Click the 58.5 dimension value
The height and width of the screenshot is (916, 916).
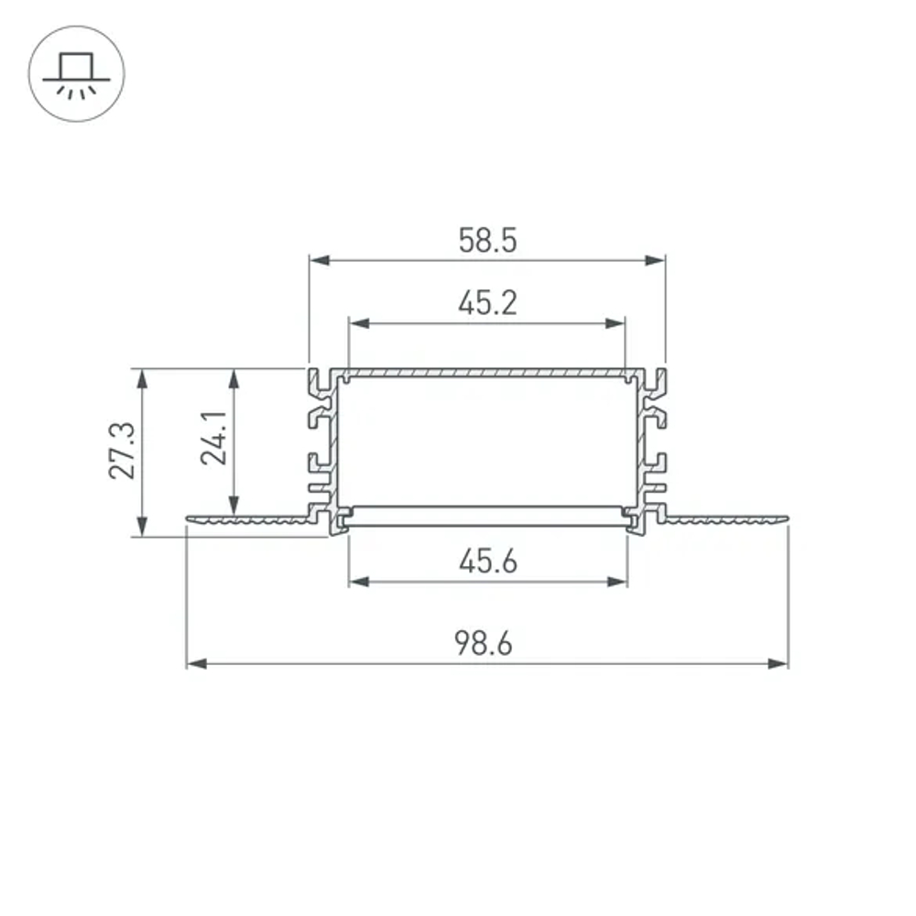[x=487, y=241]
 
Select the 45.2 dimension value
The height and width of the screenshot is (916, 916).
[x=487, y=302]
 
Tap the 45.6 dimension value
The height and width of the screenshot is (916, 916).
[x=487, y=562]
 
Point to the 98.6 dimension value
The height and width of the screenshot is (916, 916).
[x=485, y=644]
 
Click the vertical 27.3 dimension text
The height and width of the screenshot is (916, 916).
[x=122, y=451]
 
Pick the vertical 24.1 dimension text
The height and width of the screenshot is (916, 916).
[x=215, y=438]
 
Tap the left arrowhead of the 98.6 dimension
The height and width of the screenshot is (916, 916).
[x=195, y=663]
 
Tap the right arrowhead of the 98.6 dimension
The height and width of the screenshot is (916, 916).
[x=779, y=663]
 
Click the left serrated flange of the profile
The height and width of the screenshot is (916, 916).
[x=247, y=520]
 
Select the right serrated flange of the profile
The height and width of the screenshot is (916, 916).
[x=724, y=520]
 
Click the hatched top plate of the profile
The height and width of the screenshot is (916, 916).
[x=487, y=374]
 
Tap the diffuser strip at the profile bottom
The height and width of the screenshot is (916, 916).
[x=487, y=516]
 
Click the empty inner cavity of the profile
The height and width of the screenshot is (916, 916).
[x=487, y=440]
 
